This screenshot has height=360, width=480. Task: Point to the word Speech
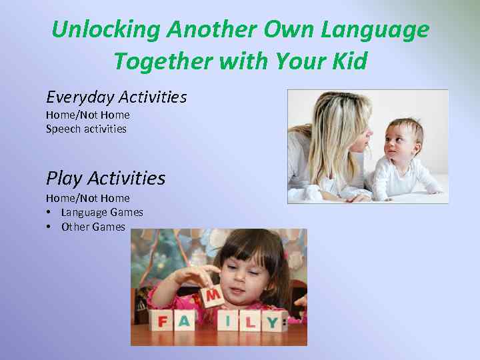tap(61, 129)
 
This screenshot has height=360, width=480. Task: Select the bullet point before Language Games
tap(49, 213)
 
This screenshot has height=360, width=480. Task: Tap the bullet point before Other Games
tap(49, 227)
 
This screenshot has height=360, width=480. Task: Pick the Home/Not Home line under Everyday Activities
tap(87, 115)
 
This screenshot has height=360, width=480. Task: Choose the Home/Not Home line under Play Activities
tap(87, 198)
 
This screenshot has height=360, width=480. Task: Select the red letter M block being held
tap(213, 294)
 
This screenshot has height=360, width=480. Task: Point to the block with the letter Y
tap(272, 323)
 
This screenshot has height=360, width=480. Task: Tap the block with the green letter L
tap(250, 323)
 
